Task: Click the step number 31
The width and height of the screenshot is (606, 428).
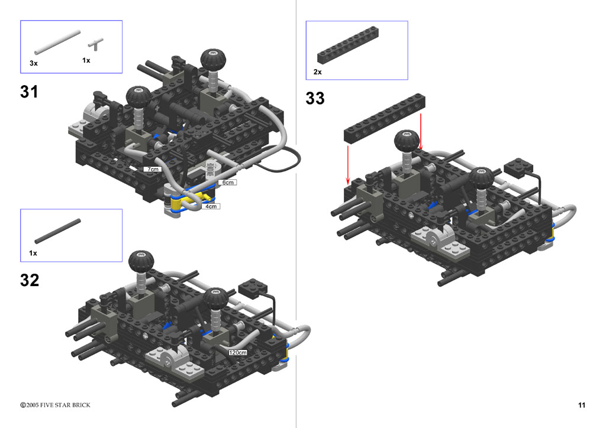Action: point(30,92)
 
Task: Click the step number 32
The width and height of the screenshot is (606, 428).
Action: point(30,280)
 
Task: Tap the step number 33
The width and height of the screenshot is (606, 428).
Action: point(315,98)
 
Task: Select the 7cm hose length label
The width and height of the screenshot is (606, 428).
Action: point(153,169)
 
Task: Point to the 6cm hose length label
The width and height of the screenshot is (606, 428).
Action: point(228,182)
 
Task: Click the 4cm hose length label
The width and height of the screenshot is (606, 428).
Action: point(211,206)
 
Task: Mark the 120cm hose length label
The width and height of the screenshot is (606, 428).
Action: point(237,352)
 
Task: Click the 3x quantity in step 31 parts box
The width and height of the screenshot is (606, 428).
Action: point(34,63)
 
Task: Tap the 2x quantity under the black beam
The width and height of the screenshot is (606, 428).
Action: point(318,72)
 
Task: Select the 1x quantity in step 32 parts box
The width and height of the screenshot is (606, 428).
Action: point(33,253)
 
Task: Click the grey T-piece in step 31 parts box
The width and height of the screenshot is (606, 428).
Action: point(95,44)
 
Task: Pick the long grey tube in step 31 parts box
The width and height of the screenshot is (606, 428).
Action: point(57,43)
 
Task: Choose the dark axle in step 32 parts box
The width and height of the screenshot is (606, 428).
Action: point(57,231)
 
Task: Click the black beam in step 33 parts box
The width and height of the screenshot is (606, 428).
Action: point(348,45)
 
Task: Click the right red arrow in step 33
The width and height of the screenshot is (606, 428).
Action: point(421,132)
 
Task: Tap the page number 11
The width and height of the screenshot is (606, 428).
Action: point(581,405)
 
